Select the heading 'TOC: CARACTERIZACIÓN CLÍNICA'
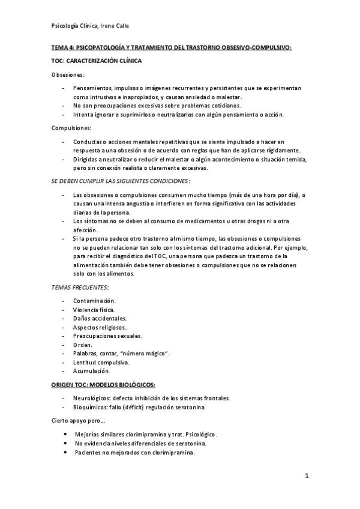coord(96,61)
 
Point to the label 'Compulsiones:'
coord(71,128)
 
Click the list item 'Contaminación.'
coord(95,300)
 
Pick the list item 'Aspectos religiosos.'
coord(100,327)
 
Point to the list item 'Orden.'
coord(83,345)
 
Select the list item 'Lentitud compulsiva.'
coord(101,363)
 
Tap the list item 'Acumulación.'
coord(92,372)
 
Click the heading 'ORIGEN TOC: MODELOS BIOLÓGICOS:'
coord(103,385)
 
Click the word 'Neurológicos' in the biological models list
coord(92,398)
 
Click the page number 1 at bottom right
coord(307,476)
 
